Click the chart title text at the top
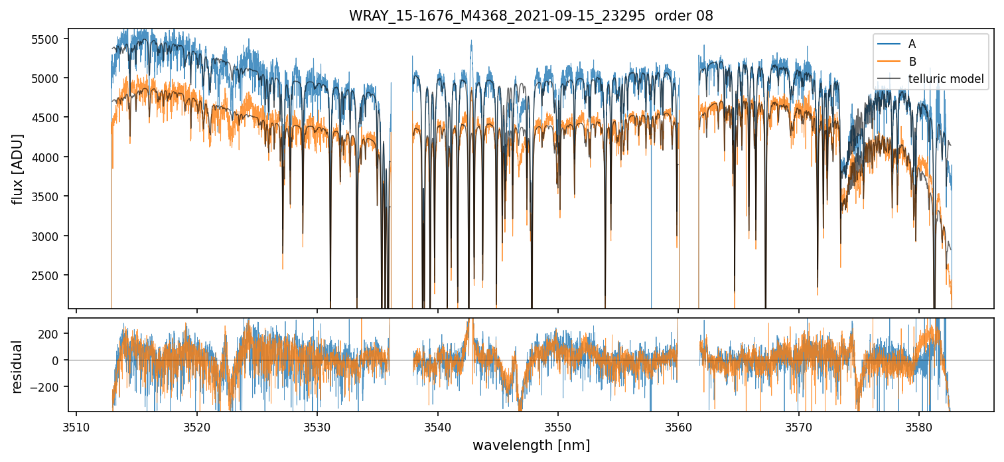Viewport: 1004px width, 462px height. coord(531,16)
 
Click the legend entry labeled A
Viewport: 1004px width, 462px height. coord(912,44)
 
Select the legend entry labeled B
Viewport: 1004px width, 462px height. coord(912,62)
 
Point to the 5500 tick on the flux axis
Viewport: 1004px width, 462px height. coord(49,39)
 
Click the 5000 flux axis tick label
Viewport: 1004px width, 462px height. coord(49,78)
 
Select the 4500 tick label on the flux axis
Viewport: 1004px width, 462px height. coord(49,118)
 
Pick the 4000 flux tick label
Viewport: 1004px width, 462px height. coord(49,157)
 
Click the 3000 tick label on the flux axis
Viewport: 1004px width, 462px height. coord(49,236)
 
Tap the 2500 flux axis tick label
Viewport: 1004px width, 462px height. coord(49,275)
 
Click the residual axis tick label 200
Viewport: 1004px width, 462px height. coord(52,333)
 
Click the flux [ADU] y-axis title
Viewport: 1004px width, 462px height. coord(19,169)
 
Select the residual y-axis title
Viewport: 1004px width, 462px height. coord(19,366)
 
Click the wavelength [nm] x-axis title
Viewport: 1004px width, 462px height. coord(531,445)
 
